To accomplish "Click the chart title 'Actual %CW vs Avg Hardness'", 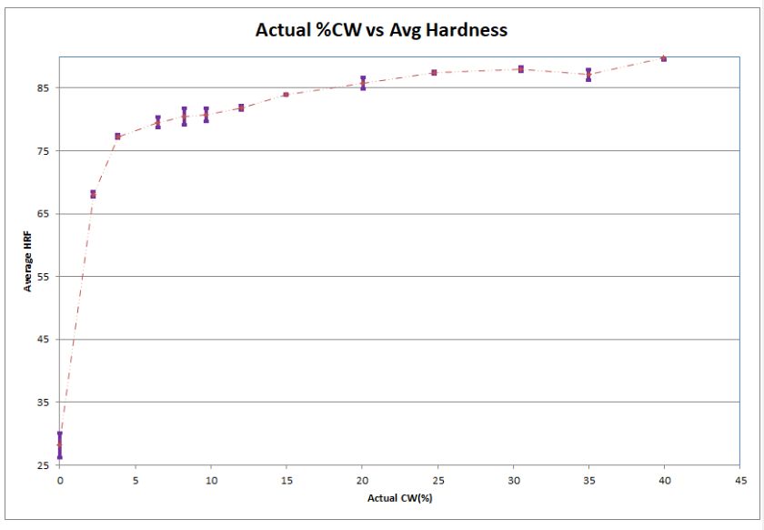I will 381,30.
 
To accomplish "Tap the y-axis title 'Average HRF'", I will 28,261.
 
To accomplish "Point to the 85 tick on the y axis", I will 44,88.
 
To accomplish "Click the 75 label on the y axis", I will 44,151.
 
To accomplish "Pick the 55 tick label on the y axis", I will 44,277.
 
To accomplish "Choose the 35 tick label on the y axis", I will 44,403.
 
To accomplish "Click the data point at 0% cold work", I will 60,445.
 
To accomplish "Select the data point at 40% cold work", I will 664,57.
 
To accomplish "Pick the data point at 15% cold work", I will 286,94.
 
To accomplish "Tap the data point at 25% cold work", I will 435,72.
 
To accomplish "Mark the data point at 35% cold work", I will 588,75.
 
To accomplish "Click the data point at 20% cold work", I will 363,83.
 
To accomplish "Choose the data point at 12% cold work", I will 241,107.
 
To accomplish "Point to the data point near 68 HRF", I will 93,194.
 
